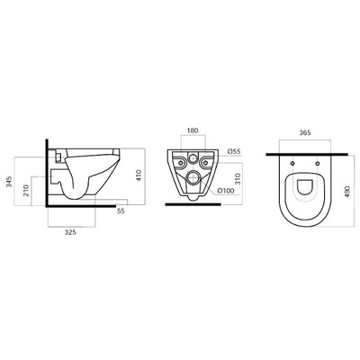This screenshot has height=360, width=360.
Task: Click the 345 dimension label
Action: point(9,182)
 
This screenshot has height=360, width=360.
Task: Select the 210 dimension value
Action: point(26,190)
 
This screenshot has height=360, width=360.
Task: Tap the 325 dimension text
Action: point(70,232)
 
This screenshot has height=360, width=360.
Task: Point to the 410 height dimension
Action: point(139,175)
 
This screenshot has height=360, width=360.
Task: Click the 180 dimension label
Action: point(193,130)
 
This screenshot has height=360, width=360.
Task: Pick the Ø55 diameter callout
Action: point(234,151)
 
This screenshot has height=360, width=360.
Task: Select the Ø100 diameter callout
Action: point(226,191)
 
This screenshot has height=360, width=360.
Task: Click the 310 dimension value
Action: point(238,179)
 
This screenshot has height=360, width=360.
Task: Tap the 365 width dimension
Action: point(305,132)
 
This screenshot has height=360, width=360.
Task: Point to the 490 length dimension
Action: point(347,191)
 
